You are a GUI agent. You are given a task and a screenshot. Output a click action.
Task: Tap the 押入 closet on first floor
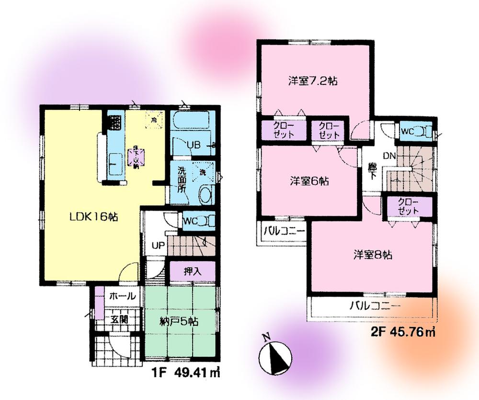[192, 271]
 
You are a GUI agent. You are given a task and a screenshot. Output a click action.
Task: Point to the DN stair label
[389, 156]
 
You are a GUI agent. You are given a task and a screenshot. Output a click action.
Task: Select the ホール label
[123, 296]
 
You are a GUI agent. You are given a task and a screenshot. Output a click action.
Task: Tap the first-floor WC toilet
[191, 221]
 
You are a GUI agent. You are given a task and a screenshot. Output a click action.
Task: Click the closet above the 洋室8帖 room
[408, 207]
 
